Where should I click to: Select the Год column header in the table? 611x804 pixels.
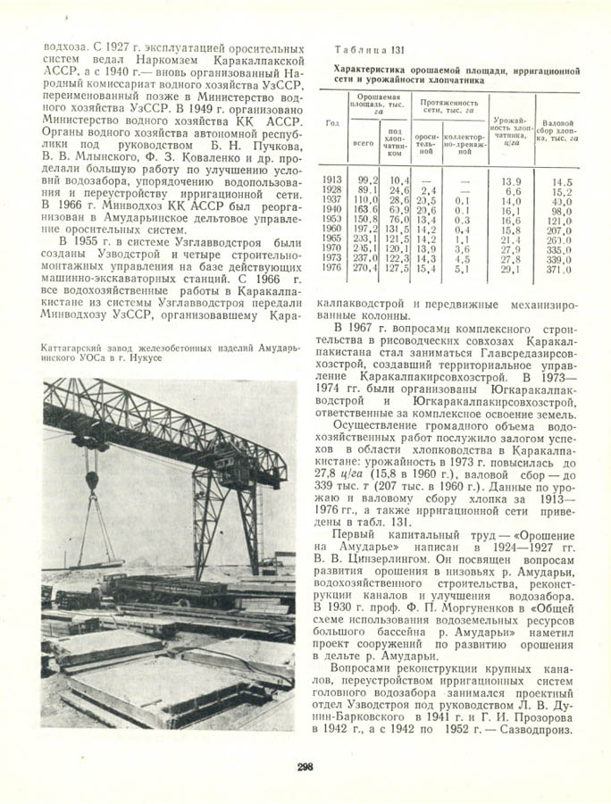pyautogui.click(x=332, y=122)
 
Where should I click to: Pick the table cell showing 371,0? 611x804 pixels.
pyautogui.click(x=560, y=268)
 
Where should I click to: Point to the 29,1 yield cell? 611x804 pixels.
pyautogui.click(x=511, y=268)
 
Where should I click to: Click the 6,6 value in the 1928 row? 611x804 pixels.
pyautogui.click(x=513, y=190)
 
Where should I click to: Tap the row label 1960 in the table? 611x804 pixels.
pyautogui.click(x=332, y=230)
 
